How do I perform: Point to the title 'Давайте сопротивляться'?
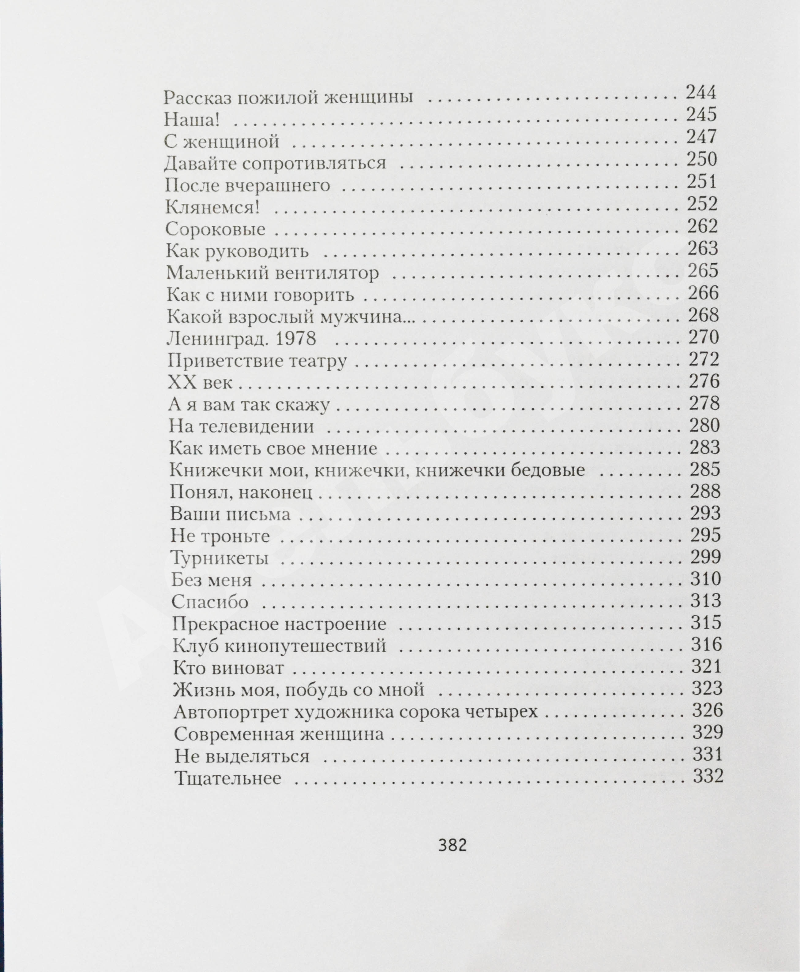click(x=275, y=163)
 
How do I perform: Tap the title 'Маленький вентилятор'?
click(x=272, y=273)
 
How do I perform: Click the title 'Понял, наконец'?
click(x=241, y=492)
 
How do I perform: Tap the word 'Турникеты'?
click(x=220, y=558)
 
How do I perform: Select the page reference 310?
click(x=705, y=578)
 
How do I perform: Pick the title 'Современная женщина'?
click(x=279, y=734)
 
